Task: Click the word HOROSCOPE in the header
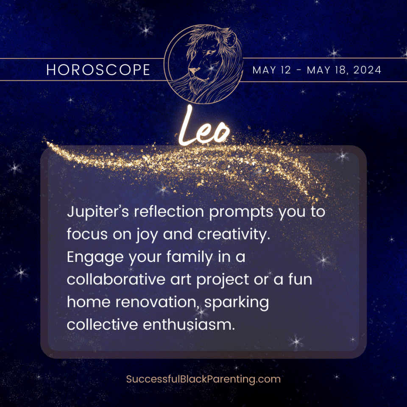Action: click(x=98, y=70)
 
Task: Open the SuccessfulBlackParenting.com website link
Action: click(x=203, y=379)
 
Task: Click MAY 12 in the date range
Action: click(x=272, y=70)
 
